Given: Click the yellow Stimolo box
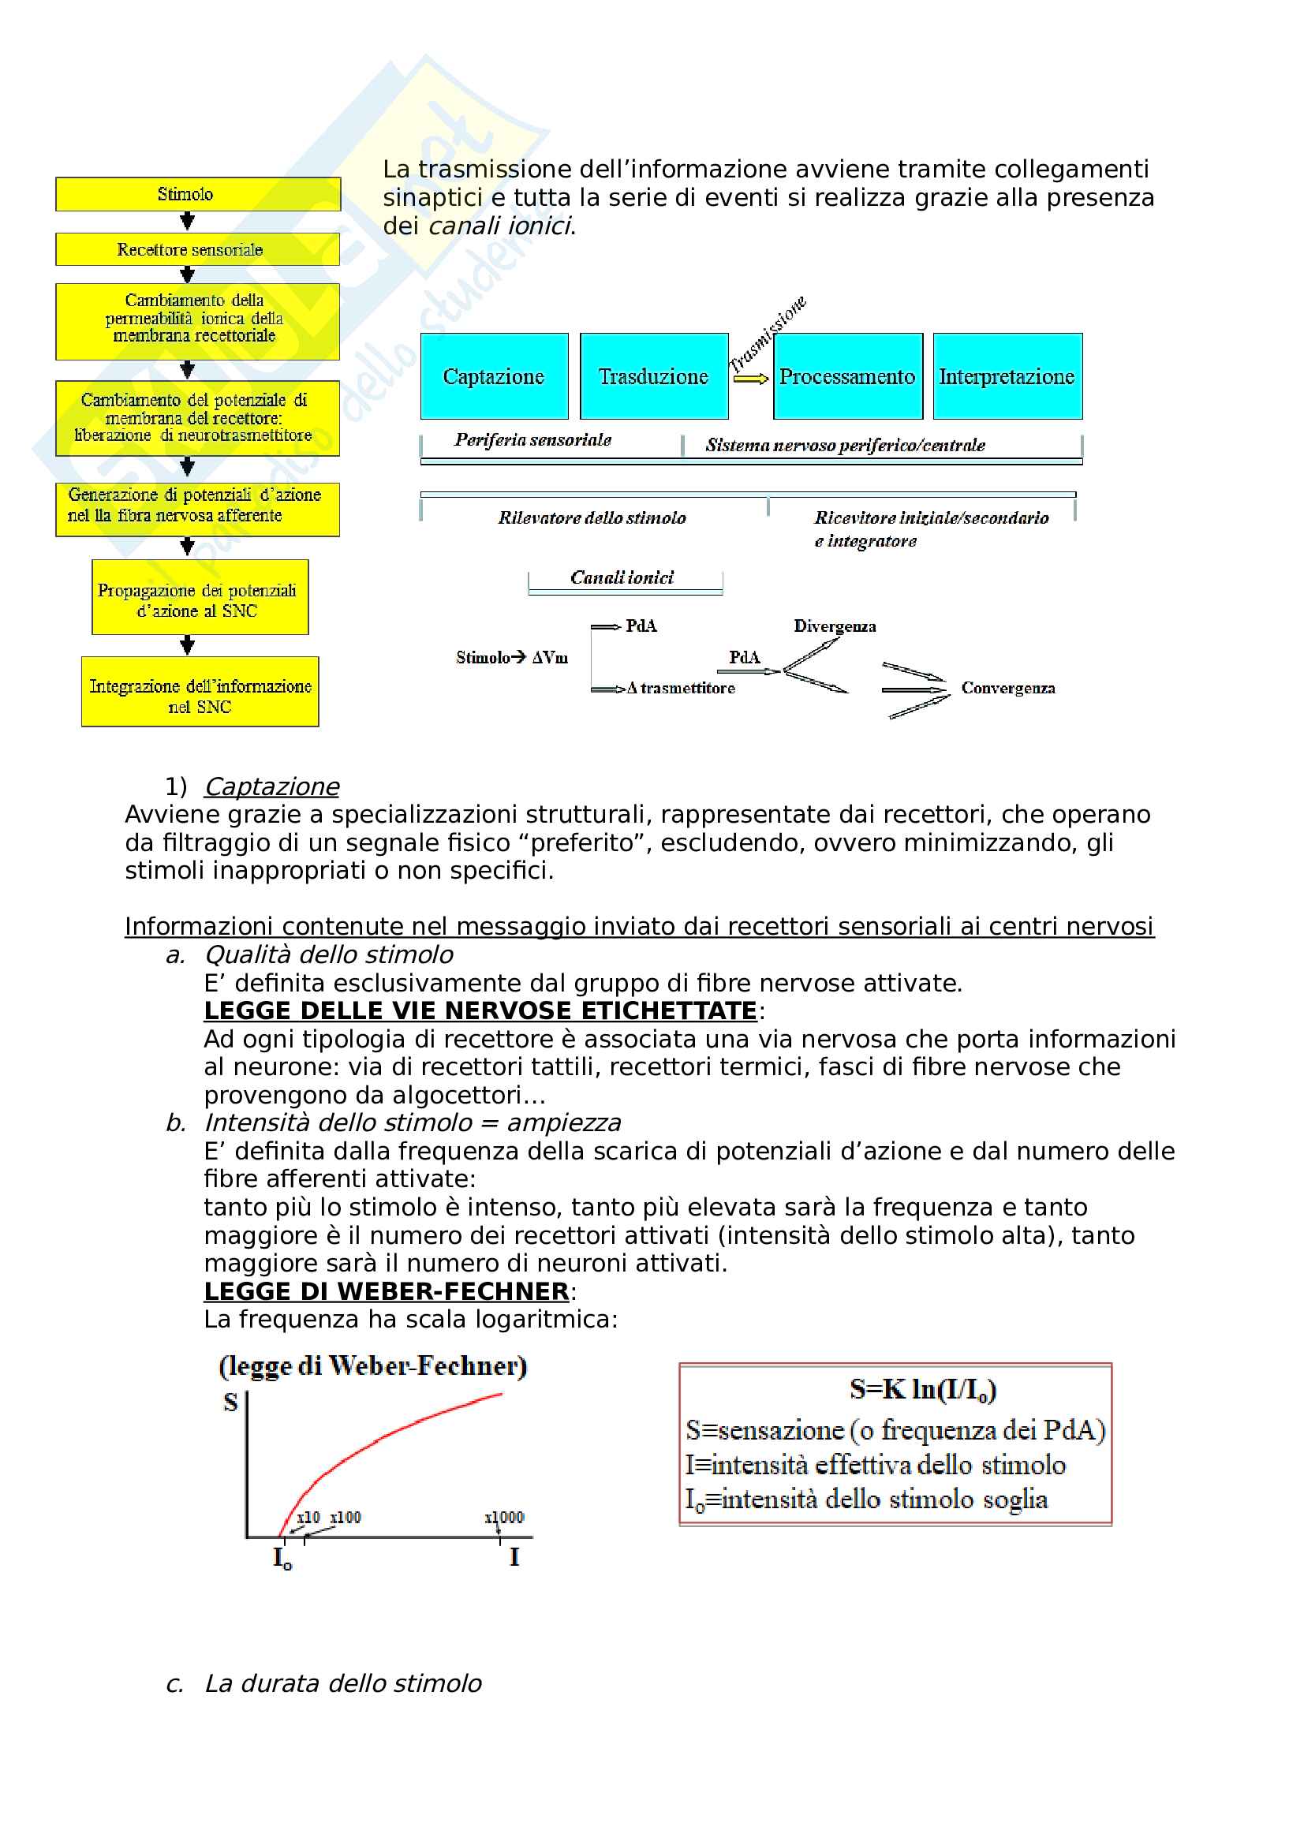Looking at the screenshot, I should (198, 194).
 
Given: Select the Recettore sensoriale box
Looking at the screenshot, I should (198, 249).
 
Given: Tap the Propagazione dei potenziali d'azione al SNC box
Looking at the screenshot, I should (200, 597).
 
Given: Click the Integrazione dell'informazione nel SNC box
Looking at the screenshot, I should (200, 692).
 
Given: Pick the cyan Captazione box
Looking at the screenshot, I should (494, 376).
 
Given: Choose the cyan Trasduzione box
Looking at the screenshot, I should (654, 376).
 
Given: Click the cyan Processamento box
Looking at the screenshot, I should (848, 376).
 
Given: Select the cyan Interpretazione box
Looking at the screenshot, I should (1007, 376).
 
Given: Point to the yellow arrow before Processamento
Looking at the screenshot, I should (750, 379).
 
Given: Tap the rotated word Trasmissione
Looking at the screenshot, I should (767, 334).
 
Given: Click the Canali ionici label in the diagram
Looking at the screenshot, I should (622, 577).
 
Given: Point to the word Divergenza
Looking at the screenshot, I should (835, 626).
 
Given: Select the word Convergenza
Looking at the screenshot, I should (1008, 688).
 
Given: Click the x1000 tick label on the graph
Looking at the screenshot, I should (504, 1517).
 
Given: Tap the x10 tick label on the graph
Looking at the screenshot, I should (308, 1517).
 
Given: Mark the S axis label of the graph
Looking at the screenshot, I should (230, 1402).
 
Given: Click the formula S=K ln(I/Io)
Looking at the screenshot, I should (923, 1389).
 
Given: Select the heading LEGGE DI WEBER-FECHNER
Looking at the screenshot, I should (387, 1291).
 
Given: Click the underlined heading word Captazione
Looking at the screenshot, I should (271, 786).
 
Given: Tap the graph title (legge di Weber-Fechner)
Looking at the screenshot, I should (373, 1365).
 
